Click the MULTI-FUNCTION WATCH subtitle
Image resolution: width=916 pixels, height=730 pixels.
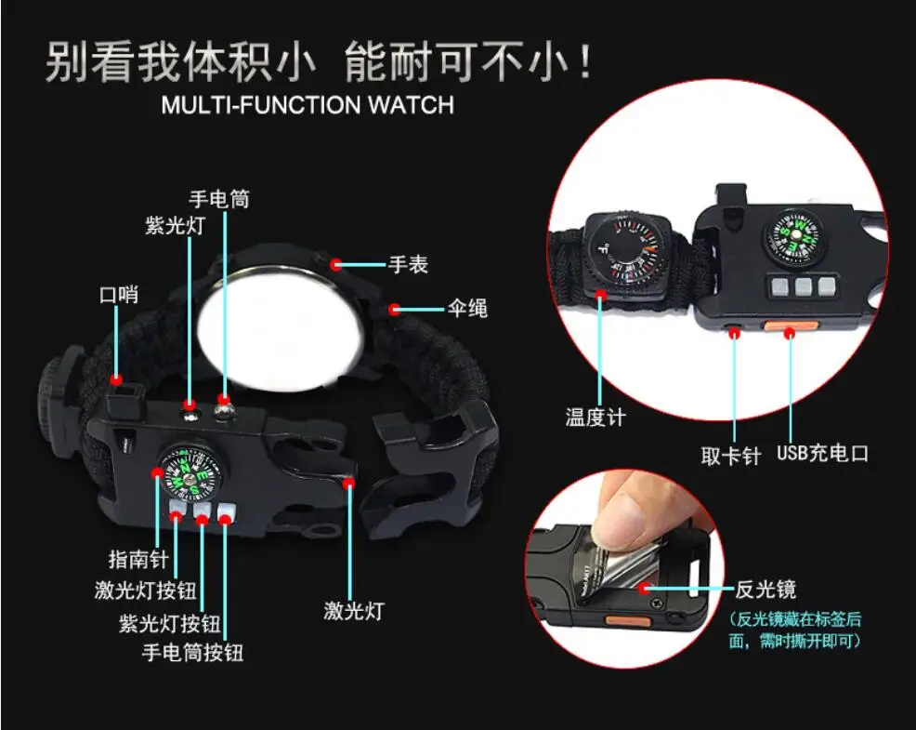(x=308, y=103)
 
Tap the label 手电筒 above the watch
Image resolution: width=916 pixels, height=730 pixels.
(x=219, y=199)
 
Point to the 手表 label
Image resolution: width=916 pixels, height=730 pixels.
(x=408, y=265)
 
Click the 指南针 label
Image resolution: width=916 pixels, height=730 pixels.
(x=137, y=560)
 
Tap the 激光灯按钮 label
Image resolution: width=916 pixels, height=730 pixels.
(x=146, y=591)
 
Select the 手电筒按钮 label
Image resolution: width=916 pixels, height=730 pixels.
(x=192, y=652)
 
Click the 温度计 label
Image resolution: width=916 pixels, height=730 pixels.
(x=595, y=417)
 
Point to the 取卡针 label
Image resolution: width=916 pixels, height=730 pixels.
(x=731, y=456)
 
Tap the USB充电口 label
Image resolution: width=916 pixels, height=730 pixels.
(x=822, y=454)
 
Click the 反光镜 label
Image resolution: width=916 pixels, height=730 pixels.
(x=766, y=589)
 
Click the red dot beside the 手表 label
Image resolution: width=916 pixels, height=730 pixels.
(x=336, y=264)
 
